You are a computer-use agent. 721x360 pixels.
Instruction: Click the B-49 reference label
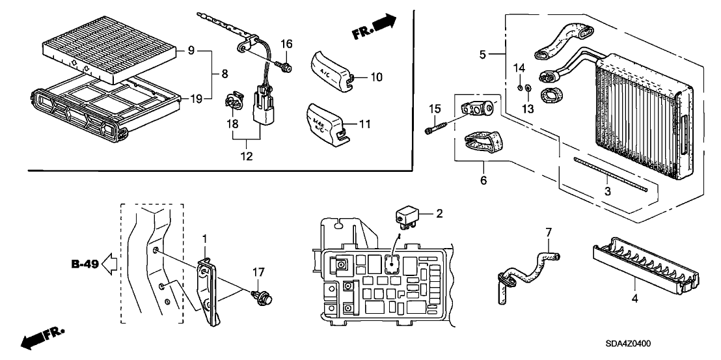coord(85,265)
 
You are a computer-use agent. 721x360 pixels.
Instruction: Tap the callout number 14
coord(519,68)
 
